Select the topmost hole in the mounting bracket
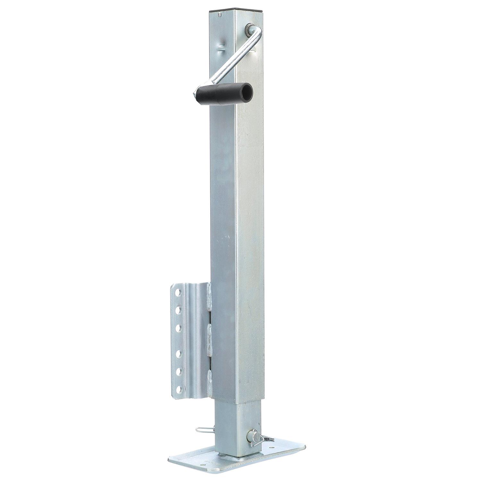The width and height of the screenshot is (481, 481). click(x=176, y=293)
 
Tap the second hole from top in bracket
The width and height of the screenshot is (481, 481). click(x=177, y=310)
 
